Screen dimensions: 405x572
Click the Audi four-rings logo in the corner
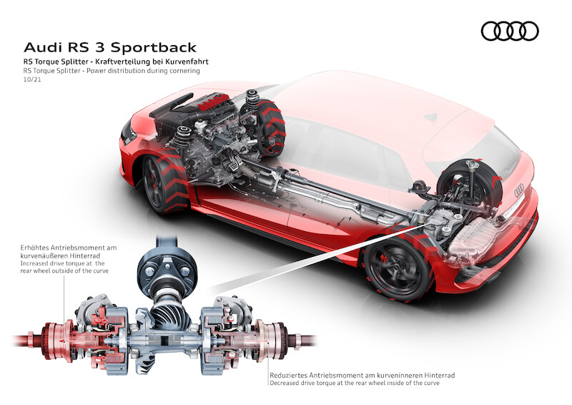(510, 31)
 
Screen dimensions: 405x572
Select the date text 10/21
(31, 83)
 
